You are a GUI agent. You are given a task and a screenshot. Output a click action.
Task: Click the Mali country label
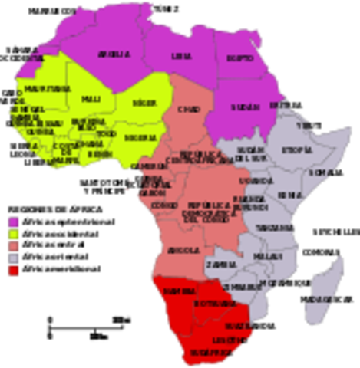pyautogui.click(x=91, y=100)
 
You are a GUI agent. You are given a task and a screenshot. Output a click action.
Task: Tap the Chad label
pyautogui.click(x=189, y=110)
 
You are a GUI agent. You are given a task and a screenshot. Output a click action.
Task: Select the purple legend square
pyautogui.click(x=12, y=222)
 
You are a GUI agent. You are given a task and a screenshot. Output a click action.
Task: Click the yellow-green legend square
pyautogui.click(x=12, y=235)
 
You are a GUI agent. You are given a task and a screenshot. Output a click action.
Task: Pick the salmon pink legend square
pyautogui.click(x=12, y=247)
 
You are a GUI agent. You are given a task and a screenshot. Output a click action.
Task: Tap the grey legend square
pyautogui.click(x=12, y=259)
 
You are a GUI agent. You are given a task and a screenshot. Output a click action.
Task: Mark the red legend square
pyautogui.click(x=12, y=271)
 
